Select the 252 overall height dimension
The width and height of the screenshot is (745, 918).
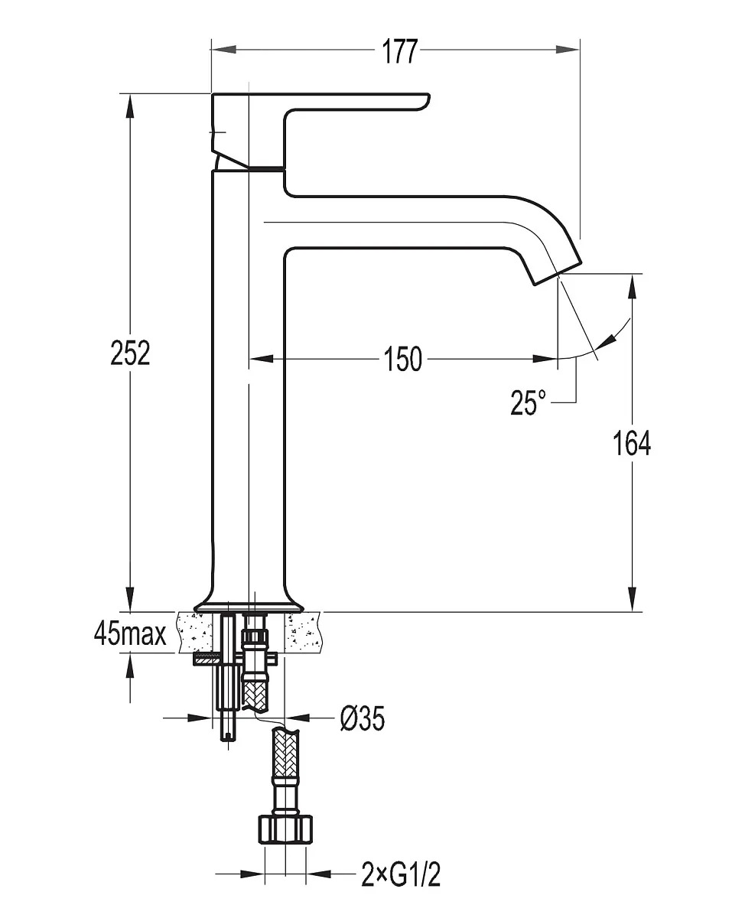(x=131, y=353)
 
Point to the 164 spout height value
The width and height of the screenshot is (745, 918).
(x=633, y=442)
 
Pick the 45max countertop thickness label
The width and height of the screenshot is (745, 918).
(x=130, y=633)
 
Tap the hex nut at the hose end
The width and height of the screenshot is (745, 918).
(x=285, y=828)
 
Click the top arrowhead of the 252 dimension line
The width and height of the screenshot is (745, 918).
(x=131, y=104)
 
